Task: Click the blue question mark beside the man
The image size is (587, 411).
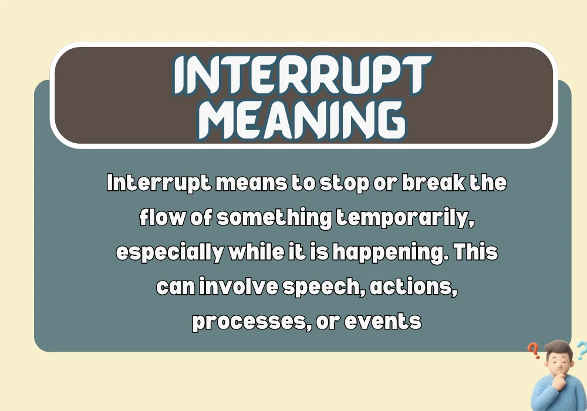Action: [580, 351]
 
